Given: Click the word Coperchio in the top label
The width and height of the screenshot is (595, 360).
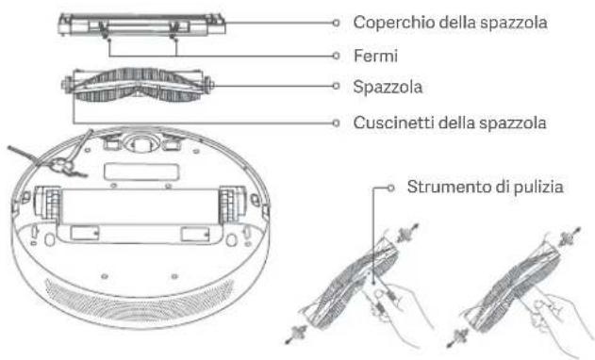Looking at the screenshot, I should tap(386, 22).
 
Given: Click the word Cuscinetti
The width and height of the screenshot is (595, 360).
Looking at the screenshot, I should tap(388, 122).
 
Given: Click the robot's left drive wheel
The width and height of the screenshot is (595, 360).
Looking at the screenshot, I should tap(48, 211).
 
